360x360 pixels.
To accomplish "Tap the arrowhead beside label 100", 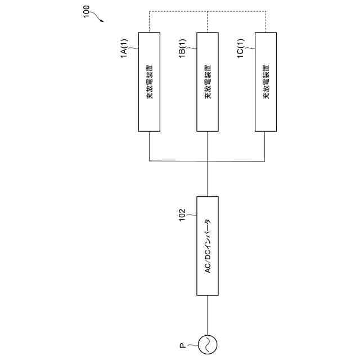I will click(x=102, y=21).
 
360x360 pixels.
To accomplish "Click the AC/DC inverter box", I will click(x=208, y=246).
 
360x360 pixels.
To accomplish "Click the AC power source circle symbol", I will click(x=208, y=344).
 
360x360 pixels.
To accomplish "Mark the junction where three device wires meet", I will click(x=208, y=162).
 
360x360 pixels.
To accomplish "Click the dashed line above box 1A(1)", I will click(x=149, y=22).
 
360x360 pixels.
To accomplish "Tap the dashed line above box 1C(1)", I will click(x=265, y=22).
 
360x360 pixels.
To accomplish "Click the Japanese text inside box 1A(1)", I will click(x=149, y=83).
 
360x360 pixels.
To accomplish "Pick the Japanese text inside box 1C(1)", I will click(x=265, y=83).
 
